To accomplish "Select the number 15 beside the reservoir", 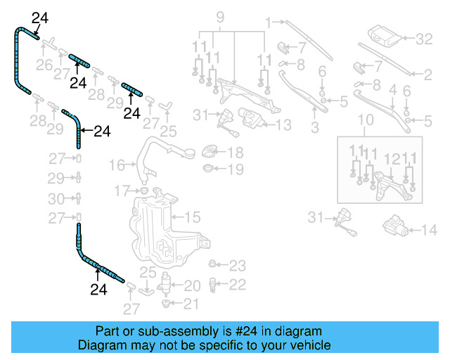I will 192,217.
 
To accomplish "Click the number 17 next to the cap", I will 122,191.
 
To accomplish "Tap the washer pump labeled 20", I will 167,285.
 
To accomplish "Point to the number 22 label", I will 238,285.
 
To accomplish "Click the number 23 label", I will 238,266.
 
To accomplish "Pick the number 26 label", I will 44,66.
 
